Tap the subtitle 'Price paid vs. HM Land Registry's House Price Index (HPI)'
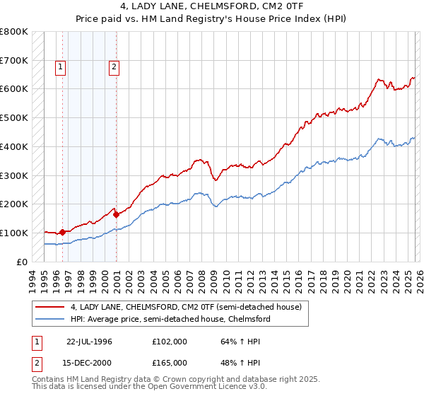click(212, 20)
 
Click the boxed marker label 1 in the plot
click(61, 68)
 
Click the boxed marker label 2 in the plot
click(114, 68)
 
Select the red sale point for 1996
click(62, 232)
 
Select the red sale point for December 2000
click(117, 214)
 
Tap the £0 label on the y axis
click(23, 262)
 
